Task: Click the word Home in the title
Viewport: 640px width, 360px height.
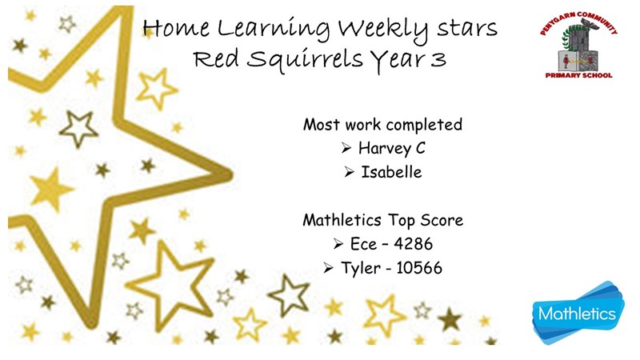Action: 176,29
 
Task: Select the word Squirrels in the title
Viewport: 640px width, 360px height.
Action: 305,59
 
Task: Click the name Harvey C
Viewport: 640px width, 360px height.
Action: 392,148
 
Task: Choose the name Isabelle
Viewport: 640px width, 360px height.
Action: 391,172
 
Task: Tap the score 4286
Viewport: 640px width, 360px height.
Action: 413,244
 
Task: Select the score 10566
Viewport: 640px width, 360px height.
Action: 419,268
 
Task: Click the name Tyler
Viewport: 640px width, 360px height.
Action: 361,269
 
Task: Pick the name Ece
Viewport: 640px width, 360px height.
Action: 364,244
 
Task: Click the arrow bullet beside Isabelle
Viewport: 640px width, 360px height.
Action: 349,172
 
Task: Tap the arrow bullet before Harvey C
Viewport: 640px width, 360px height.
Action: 346,148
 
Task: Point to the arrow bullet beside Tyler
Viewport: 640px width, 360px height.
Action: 328,268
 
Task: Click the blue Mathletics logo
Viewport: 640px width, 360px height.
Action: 578,313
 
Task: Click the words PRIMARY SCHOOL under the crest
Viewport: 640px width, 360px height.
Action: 578,75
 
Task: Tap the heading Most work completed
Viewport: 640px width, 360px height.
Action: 382,125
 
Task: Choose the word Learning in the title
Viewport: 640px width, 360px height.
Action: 274,30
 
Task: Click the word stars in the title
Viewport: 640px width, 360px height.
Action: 467,29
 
